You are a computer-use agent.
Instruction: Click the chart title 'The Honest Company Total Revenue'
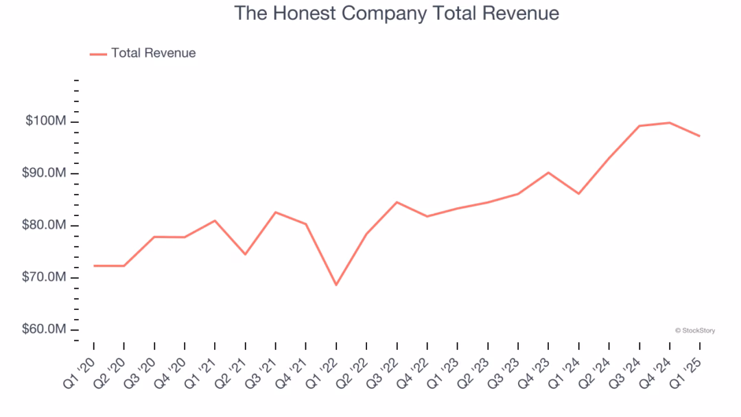(397, 13)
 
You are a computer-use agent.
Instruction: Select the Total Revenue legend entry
(143, 53)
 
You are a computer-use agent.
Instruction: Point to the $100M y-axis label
(46, 121)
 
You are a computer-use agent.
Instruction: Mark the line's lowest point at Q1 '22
(336, 285)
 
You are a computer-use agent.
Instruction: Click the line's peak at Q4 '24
(669, 123)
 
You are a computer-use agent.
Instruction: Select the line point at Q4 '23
(548, 172)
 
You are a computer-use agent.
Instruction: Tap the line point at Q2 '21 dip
(245, 254)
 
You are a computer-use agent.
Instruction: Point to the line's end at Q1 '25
(699, 136)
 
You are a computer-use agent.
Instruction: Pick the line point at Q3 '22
(397, 202)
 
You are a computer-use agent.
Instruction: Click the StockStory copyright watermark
(695, 331)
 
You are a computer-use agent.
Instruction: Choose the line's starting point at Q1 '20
(94, 265)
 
